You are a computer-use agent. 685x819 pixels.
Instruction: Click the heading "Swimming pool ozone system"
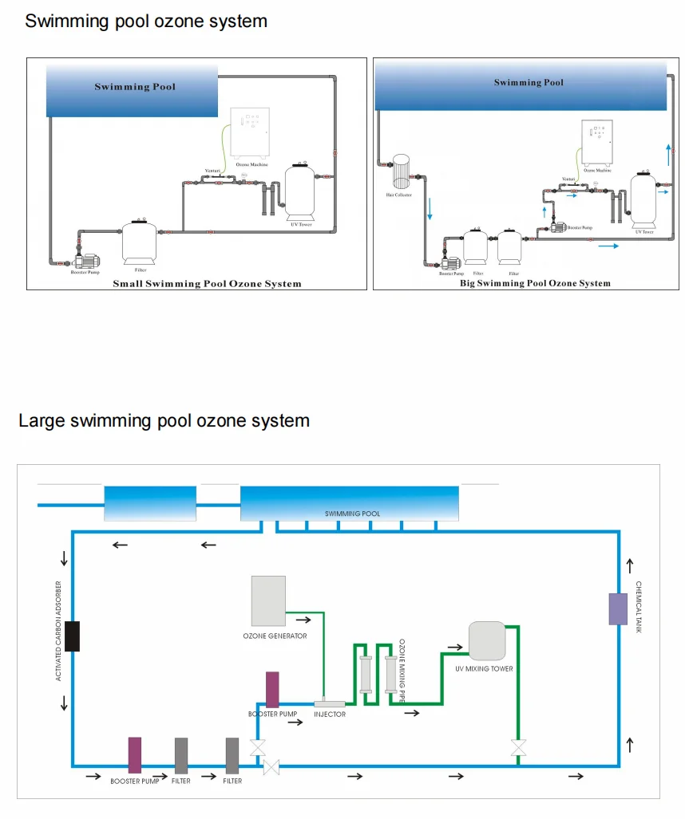pyautogui.click(x=146, y=22)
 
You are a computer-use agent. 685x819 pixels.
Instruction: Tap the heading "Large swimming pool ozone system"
pyautogui.click(x=164, y=420)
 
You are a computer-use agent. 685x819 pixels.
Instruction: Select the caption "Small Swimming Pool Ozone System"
pyautogui.click(x=207, y=283)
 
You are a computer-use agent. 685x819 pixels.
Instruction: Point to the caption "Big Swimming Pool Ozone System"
pyautogui.click(x=535, y=283)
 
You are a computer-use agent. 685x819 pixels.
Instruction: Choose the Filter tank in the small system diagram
pyautogui.click(x=140, y=242)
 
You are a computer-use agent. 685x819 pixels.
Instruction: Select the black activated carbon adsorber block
pyautogui.click(x=72, y=636)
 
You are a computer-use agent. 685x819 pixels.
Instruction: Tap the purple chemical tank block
pyautogui.click(x=618, y=608)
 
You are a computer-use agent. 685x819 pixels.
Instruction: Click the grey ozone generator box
pyautogui.click(x=268, y=600)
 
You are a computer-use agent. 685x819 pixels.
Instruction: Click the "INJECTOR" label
pyautogui.click(x=330, y=715)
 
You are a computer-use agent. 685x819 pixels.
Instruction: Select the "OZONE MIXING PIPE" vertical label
pyautogui.click(x=402, y=671)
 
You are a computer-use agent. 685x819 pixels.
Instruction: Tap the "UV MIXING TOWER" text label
pyautogui.click(x=484, y=669)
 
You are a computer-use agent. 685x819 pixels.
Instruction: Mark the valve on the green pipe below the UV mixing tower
pyautogui.click(x=518, y=748)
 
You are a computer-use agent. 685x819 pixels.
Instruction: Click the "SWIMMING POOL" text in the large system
pyautogui.click(x=352, y=514)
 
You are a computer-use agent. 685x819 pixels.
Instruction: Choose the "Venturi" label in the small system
pyautogui.click(x=212, y=170)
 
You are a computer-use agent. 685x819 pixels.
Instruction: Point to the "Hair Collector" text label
pyautogui.click(x=400, y=195)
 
